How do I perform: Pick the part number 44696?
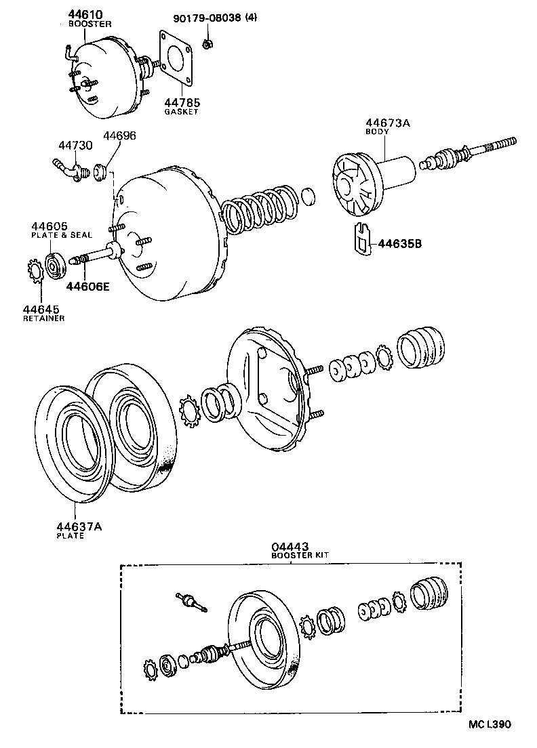coord(119,136)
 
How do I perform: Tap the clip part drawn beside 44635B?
coord(363,238)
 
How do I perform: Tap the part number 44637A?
coord(79,526)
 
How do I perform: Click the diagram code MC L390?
coord(489,724)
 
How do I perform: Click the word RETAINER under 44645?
coord(43,318)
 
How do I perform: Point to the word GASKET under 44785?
coord(180,112)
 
